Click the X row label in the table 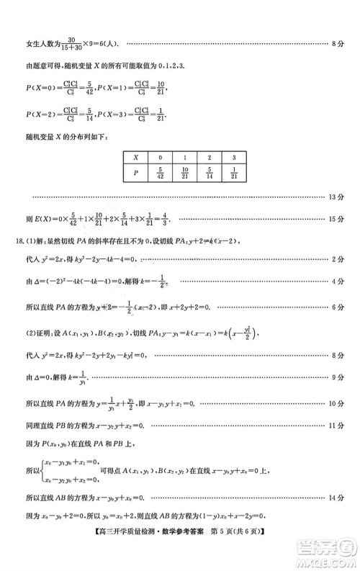click(x=135, y=156)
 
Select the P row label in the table click(x=135, y=172)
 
